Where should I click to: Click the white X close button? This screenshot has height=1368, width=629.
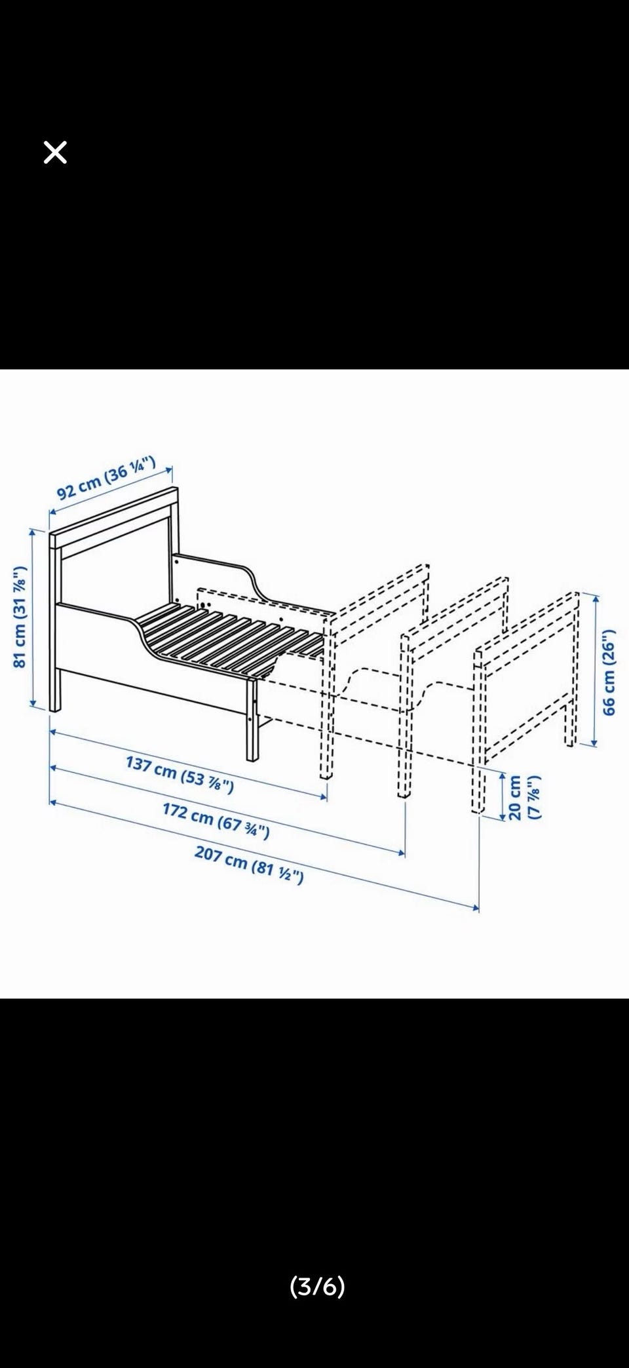click(55, 153)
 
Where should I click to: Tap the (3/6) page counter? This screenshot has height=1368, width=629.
click(317, 1286)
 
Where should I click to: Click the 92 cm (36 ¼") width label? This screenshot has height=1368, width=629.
click(105, 479)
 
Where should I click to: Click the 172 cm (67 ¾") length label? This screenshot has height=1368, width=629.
click(216, 820)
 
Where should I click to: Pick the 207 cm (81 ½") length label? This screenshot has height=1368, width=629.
click(249, 865)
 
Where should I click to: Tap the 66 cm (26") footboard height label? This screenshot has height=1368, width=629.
click(609, 672)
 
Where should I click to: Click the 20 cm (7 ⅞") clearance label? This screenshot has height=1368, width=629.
click(524, 797)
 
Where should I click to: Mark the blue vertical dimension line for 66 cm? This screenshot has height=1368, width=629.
click(594, 669)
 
